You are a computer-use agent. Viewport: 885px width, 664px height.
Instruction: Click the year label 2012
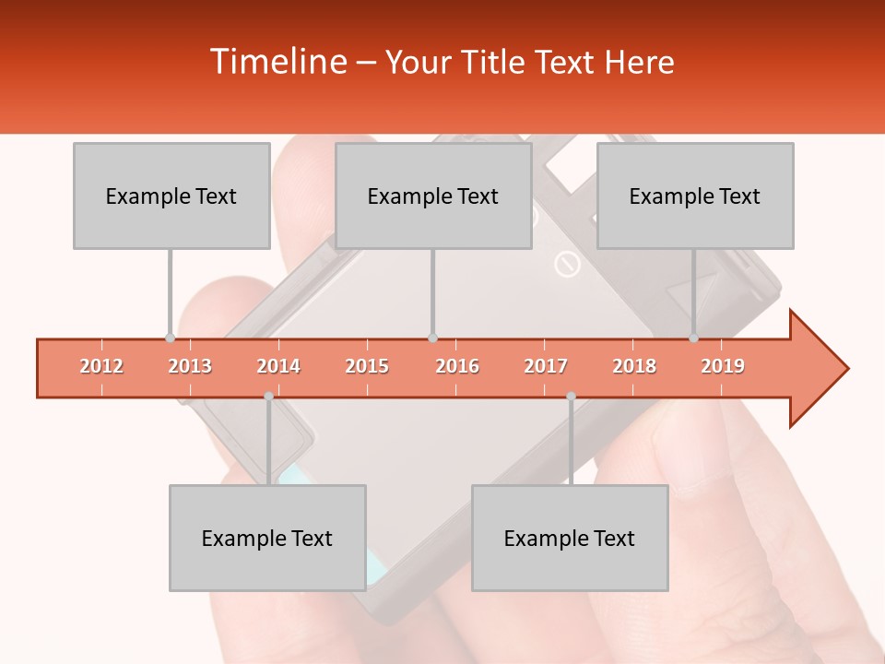(x=101, y=366)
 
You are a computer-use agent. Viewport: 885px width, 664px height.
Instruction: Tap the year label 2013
(x=190, y=366)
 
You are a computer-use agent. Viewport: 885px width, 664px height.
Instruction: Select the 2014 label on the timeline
(x=278, y=366)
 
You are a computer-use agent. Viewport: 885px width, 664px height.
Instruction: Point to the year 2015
(x=367, y=366)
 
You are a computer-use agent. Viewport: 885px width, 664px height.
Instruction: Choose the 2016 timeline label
(x=457, y=366)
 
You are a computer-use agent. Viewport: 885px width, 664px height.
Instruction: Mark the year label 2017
(x=546, y=366)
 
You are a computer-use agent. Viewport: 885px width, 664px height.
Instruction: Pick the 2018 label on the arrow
(x=634, y=366)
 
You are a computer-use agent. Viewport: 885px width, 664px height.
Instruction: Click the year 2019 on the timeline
(x=723, y=366)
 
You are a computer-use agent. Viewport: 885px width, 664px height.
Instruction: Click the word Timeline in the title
(x=276, y=62)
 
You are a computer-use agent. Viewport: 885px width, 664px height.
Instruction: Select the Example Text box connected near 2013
(x=171, y=196)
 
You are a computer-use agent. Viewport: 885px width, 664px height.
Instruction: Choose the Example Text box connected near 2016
(x=433, y=196)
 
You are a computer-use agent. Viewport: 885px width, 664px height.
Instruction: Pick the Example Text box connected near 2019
(x=695, y=196)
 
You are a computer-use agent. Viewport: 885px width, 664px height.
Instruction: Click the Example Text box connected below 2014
(x=267, y=538)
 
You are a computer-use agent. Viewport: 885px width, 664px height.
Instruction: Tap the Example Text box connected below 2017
(x=570, y=538)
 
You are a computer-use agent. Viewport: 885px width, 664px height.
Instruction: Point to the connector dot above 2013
(x=170, y=338)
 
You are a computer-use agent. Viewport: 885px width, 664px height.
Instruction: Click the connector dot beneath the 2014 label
(x=268, y=397)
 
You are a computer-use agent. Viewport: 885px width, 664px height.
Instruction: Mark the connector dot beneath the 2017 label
(x=571, y=397)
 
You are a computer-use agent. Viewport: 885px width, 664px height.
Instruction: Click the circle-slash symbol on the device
(x=567, y=266)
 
